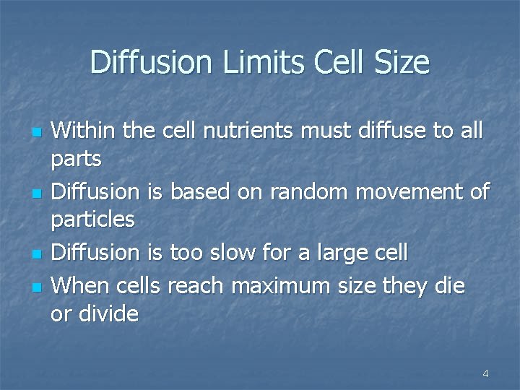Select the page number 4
(x=485, y=373)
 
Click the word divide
(x=110, y=314)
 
